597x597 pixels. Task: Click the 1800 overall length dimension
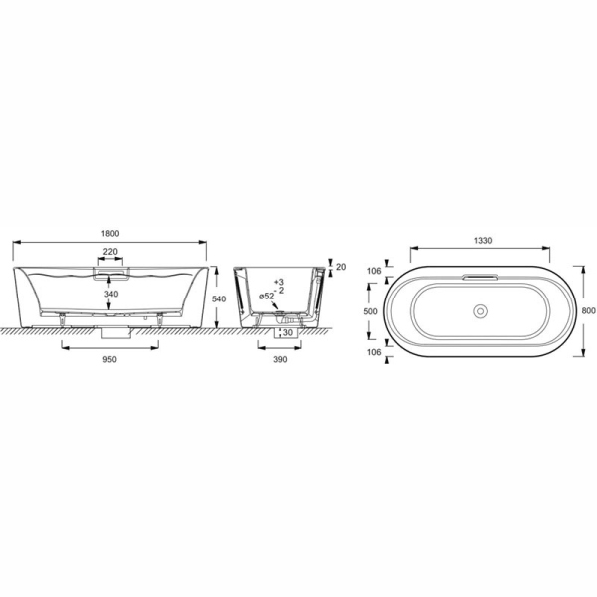click(x=112, y=232)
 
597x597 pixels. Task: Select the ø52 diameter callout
click(x=266, y=298)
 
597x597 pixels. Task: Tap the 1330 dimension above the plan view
click(x=482, y=240)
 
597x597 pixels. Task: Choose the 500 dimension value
click(x=370, y=310)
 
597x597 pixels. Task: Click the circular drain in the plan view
click(x=481, y=311)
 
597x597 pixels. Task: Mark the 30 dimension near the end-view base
click(x=287, y=332)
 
